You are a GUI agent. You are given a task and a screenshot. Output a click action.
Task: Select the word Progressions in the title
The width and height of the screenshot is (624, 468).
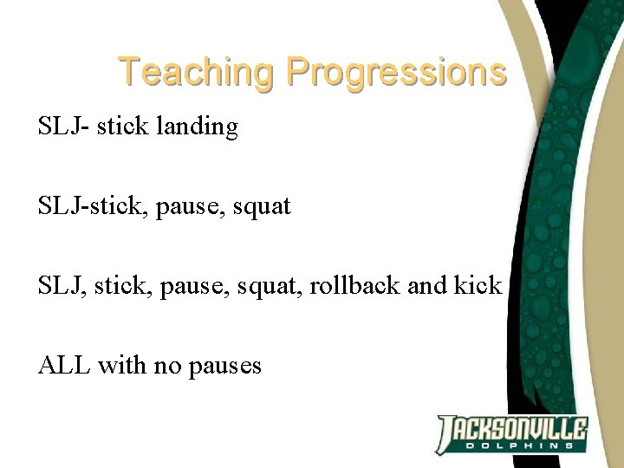[x=396, y=73]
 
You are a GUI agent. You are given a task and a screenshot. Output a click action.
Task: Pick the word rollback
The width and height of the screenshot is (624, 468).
[x=351, y=285]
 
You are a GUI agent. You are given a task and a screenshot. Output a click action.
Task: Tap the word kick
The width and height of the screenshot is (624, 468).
[x=478, y=285]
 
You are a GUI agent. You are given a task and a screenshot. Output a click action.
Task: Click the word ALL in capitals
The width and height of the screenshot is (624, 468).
[x=64, y=365]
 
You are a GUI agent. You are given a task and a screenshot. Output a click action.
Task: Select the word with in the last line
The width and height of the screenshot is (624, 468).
[x=122, y=365]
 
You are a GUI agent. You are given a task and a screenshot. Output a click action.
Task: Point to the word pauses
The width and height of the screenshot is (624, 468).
[x=224, y=366]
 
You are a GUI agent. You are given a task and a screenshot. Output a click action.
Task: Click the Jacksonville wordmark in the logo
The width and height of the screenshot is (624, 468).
[x=511, y=428]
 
